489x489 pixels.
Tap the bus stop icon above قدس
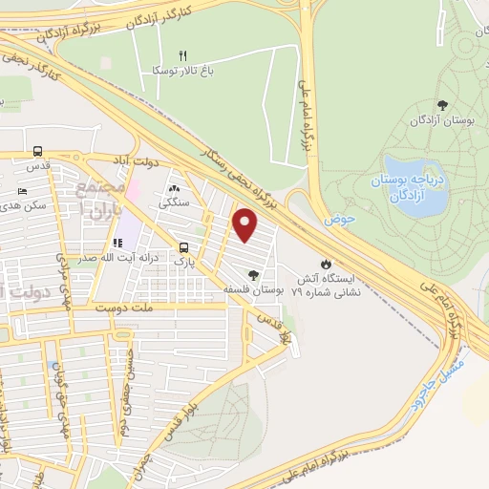[x=37, y=151]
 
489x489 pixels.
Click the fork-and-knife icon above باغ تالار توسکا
[x=184, y=54]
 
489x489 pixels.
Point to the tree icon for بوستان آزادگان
[x=441, y=105]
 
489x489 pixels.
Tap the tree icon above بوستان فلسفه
[x=253, y=275]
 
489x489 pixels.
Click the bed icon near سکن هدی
[x=22, y=191]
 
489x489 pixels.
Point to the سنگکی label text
[x=173, y=202]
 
